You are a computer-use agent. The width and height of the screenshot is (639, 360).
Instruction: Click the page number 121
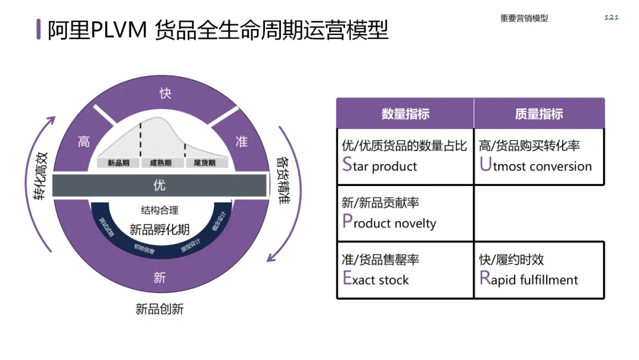611,17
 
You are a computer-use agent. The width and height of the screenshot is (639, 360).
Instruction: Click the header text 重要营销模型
524,18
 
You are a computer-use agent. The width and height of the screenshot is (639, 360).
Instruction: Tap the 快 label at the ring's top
165,94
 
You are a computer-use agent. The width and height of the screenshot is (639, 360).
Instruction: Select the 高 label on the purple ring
84,142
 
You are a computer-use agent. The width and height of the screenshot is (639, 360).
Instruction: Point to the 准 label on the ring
241,142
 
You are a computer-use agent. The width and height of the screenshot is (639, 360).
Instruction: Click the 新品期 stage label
118,163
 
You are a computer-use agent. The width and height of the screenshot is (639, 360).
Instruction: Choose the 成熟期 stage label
160,163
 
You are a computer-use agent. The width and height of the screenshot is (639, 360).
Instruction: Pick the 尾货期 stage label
201,163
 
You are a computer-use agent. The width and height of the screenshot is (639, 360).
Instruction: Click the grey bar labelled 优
159,185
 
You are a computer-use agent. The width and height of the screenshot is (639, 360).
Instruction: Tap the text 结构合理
159,210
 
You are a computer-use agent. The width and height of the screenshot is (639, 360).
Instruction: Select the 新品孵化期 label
159,229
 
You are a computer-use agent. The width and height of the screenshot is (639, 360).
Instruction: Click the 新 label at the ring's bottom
159,277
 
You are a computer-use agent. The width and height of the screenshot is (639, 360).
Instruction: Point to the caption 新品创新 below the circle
159,308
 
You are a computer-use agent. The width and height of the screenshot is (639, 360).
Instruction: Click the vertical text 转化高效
41,176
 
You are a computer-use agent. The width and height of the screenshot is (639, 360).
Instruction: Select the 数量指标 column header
405,114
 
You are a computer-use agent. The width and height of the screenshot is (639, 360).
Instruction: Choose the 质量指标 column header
538,114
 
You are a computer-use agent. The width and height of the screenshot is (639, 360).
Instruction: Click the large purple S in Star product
347,165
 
